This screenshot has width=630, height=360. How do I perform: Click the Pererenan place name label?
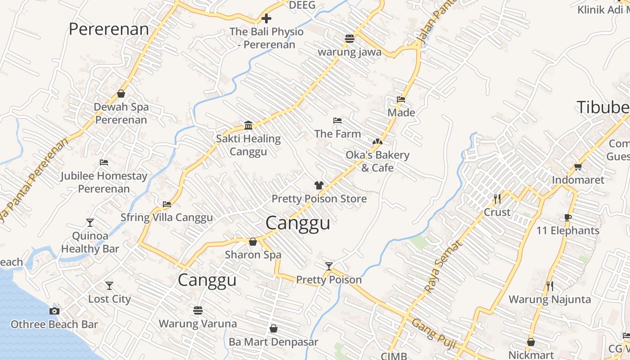[108, 29]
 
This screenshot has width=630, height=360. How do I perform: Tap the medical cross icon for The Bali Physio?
[266, 18]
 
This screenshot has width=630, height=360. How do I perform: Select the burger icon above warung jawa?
[350, 38]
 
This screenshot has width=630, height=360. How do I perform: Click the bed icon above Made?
[401, 99]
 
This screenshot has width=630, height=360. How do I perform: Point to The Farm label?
[337, 134]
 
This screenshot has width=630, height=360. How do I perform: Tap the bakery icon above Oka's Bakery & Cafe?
[377, 142]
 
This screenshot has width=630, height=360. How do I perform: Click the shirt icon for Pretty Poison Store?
[319, 185]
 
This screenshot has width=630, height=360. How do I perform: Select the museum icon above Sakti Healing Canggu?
[248, 125]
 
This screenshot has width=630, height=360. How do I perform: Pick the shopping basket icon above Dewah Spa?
[121, 94]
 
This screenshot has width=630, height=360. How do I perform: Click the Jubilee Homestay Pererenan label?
[104, 182]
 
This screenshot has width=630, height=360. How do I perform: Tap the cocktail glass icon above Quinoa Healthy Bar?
[90, 222]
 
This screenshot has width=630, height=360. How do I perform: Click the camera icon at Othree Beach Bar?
[54, 311]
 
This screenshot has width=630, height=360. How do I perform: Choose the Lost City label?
[109, 299]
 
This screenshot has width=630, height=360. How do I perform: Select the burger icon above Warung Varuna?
[198, 310]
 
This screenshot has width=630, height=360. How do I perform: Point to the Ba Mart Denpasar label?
[273, 342]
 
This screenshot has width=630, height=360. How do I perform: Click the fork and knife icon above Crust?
[497, 198]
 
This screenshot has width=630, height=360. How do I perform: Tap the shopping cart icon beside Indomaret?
[578, 167]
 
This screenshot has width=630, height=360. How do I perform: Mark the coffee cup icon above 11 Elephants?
[568, 218]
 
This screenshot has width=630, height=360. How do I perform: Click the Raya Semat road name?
[443, 266]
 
